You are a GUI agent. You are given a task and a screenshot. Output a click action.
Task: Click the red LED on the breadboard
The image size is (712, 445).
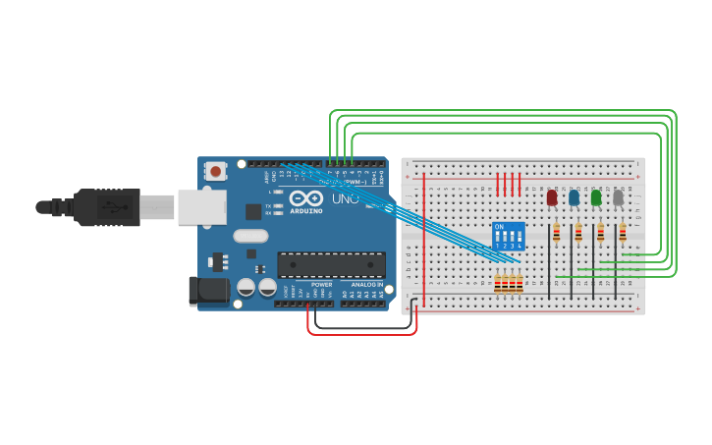(552, 197)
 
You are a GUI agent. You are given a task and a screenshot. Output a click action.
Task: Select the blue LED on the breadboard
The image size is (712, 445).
(574, 197)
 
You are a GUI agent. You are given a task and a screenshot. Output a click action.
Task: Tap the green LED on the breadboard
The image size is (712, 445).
(596, 197)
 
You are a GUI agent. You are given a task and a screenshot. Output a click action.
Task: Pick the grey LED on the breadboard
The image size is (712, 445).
(618, 197)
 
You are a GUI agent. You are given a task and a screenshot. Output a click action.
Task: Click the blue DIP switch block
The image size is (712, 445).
(508, 236)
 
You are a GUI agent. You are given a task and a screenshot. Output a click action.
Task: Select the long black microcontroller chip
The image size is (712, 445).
(330, 263)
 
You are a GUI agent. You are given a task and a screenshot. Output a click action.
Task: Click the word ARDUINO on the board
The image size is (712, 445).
(307, 210)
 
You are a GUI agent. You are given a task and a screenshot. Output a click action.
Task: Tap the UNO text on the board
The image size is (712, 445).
(346, 199)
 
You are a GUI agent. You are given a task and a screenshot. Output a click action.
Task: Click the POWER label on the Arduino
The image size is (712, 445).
(321, 284)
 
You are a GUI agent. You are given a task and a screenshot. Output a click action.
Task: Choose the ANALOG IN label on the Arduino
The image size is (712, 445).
(367, 284)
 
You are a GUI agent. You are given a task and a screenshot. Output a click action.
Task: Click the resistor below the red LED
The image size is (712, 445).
(557, 233)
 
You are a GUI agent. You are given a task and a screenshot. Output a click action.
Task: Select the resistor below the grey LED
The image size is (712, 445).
(622, 233)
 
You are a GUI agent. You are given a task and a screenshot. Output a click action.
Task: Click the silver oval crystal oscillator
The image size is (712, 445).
(250, 236)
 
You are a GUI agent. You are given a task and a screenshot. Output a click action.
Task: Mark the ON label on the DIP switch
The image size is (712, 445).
(499, 227)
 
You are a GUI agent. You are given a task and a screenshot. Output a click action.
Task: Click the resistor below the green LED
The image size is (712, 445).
(600, 233)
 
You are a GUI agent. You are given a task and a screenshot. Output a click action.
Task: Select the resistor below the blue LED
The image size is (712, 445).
(578, 233)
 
